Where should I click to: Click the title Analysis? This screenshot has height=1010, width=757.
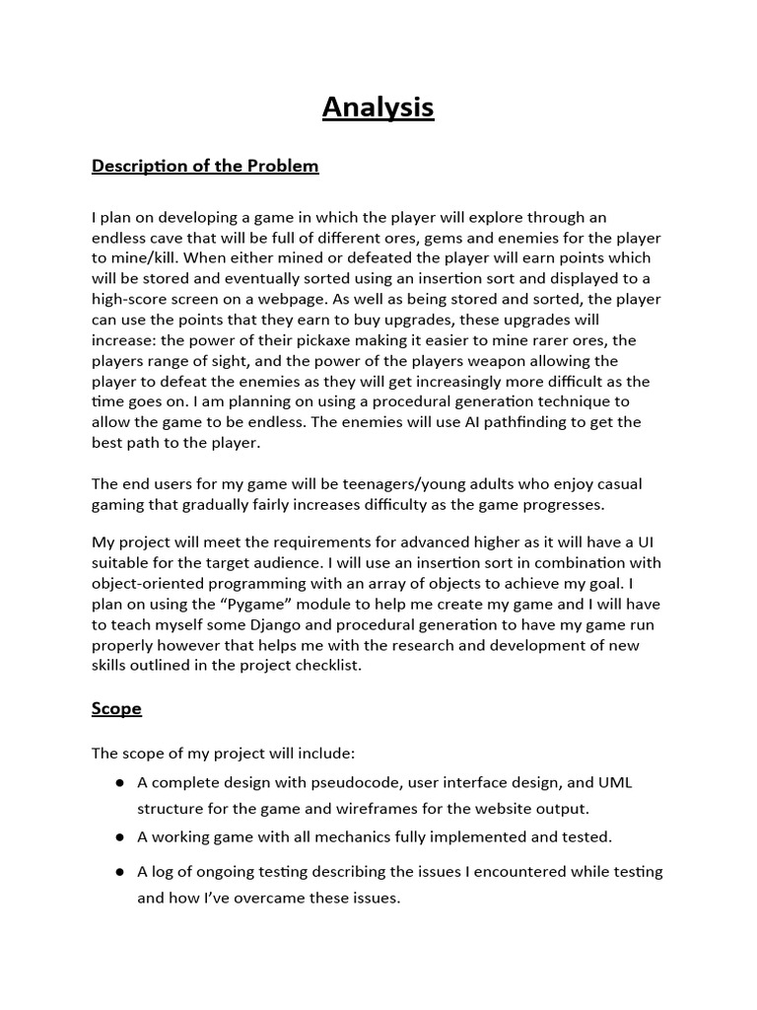coord(378,107)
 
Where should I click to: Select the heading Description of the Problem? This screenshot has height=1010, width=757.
coord(205,166)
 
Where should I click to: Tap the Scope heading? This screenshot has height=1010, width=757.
coord(116,708)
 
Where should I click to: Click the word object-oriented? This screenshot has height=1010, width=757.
coord(149,583)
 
